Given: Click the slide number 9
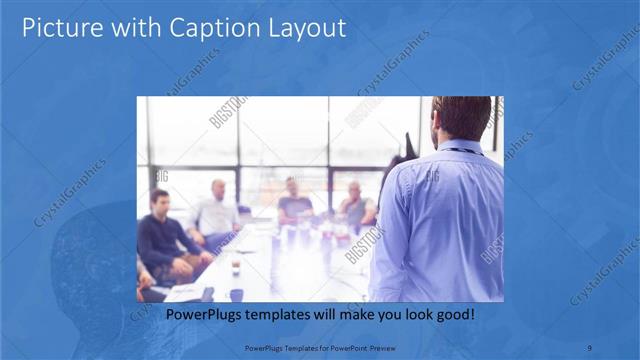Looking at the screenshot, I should click(x=590, y=348).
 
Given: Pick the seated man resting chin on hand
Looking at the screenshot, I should click(x=355, y=204).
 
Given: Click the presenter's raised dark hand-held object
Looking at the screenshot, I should click(x=408, y=144).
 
